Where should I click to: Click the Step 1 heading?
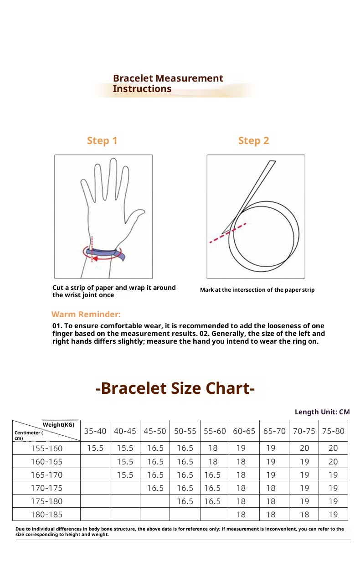pos(102,141)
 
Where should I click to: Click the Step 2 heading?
pos(253,141)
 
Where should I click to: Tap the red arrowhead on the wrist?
pos(95,258)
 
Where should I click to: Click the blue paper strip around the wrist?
pos(105,253)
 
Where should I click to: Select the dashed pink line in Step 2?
pos(228,233)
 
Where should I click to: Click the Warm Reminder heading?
pos(86,314)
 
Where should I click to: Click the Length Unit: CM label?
pos(322,412)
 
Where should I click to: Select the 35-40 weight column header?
pos(95,431)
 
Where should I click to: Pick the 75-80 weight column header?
pos(333,431)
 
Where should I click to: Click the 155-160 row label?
pos(46,448)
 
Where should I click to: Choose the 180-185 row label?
pos(46,514)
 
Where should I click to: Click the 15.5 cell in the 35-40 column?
pos(95,448)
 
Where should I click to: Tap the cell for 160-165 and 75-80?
pos(333,461)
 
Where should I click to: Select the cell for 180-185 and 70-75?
pos(304,514)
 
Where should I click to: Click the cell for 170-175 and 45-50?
pos(155,488)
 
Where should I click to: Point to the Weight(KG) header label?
pos(58,424)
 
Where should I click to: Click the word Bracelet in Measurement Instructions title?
pos(133,78)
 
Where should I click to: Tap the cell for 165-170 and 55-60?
pos(212,474)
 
